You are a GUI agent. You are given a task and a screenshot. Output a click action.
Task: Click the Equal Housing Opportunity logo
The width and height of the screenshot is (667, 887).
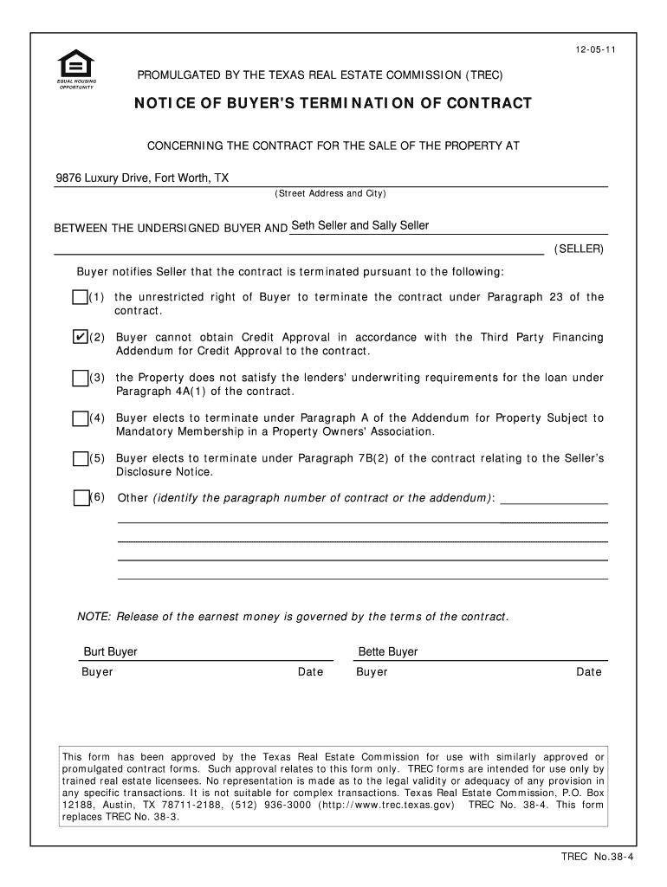(x=76, y=70)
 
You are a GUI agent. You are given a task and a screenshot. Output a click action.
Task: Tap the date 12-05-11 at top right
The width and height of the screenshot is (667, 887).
(x=588, y=50)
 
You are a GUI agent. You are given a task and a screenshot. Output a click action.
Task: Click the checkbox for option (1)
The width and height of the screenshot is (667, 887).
(x=80, y=298)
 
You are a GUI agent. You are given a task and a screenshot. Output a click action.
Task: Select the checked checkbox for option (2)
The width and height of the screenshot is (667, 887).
(x=80, y=337)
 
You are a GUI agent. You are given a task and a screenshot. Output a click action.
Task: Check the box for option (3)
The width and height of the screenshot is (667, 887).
(x=80, y=378)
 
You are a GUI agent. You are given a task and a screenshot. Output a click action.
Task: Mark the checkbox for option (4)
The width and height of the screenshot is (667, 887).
(x=80, y=418)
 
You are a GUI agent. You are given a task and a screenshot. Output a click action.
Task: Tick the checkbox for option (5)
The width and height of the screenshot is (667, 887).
(x=80, y=458)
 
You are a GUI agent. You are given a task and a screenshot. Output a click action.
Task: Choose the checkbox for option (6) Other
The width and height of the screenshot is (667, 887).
(x=81, y=498)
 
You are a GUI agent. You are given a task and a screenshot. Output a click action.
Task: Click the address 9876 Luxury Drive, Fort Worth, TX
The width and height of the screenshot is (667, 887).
(x=143, y=178)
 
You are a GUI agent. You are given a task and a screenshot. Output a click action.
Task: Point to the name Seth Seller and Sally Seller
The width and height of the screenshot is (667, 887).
(x=360, y=226)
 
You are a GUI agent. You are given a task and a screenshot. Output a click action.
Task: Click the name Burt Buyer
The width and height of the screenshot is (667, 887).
(x=110, y=651)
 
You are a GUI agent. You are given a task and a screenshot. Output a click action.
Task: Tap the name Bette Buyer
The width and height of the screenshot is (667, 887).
(x=388, y=651)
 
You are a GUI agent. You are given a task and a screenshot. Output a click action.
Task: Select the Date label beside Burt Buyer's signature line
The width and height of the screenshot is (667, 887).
(x=310, y=672)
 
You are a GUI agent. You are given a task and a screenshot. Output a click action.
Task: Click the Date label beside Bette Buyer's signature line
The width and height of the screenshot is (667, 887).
(x=589, y=672)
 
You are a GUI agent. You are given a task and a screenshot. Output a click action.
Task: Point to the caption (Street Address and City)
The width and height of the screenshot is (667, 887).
(x=330, y=193)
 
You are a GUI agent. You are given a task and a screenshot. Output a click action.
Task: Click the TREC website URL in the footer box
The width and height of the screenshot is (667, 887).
(x=386, y=805)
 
